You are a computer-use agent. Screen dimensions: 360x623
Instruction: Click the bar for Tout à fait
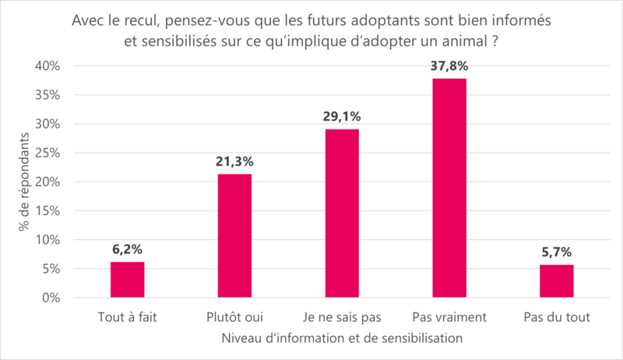coord(127,280)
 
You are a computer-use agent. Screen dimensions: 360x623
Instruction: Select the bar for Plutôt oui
coord(234,236)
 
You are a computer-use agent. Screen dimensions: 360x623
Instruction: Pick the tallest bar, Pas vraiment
coord(449,188)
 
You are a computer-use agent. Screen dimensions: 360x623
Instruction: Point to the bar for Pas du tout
coord(556,281)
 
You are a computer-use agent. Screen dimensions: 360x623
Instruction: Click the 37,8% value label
coord(449,66)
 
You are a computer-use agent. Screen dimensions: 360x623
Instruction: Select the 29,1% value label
coord(342,117)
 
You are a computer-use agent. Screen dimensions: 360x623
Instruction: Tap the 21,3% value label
coord(234,162)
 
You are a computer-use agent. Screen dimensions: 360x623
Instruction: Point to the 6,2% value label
coord(127,249)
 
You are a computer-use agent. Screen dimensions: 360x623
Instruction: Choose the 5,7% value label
coord(556,252)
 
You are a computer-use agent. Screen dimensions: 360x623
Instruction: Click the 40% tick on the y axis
coord(48,66)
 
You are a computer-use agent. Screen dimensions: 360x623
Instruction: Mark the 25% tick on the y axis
coord(48,154)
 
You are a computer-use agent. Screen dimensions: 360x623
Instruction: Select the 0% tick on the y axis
coord(51,298)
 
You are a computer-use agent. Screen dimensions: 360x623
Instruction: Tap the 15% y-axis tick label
coord(48,211)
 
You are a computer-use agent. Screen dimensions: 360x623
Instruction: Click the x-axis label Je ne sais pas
coord(342,318)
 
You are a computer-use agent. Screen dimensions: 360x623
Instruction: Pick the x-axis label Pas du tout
coord(556,318)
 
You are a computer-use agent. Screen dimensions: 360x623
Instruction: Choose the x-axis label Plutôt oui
coord(234,318)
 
